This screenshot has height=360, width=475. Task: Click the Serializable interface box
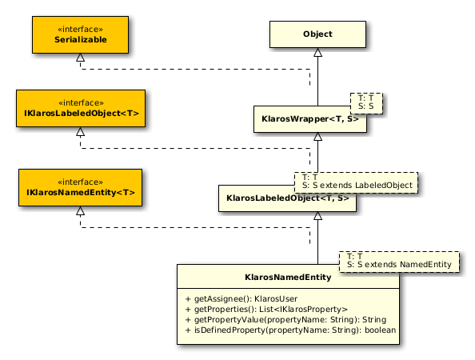(x=80, y=35)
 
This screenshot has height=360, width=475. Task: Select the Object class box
(x=317, y=34)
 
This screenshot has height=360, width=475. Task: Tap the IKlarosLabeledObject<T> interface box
(x=81, y=108)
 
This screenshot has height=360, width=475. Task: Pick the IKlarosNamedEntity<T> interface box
(x=80, y=187)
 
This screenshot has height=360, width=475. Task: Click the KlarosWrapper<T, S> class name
(x=310, y=118)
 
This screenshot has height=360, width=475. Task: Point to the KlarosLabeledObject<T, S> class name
(x=288, y=198)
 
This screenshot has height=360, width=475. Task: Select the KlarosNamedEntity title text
(x=288, y=278)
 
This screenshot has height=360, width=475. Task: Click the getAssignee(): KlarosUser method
(x=241, y=298)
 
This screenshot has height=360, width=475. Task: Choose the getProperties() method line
(x=266, y=309)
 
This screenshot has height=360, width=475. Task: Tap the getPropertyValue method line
(x=285, y=320)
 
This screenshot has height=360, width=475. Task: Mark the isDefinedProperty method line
(x=290, y=330)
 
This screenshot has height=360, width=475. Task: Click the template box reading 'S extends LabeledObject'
(x=357, y=182)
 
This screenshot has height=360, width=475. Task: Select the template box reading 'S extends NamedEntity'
(x=399, y=262)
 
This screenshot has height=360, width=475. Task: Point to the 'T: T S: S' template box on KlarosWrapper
(x=366, y=103)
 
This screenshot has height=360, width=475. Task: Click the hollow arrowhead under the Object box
(x=317, y=53)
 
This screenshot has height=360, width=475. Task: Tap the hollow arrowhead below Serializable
(x=80, y=58)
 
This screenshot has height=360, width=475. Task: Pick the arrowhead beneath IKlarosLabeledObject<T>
(x=80, y=131)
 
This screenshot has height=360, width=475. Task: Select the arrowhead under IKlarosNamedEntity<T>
(x=80, y=211)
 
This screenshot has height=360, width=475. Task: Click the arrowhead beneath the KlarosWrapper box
(x=317, y=137)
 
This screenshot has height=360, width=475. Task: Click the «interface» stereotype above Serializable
(x=80, y=30)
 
